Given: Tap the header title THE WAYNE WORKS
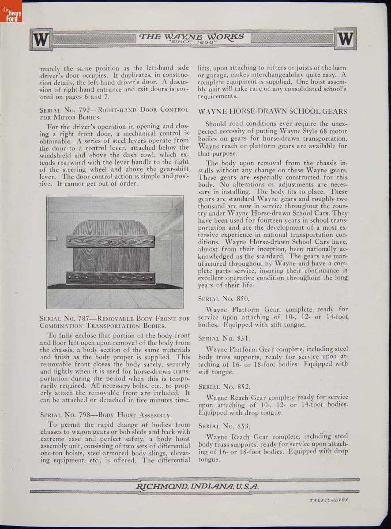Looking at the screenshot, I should [192, 36].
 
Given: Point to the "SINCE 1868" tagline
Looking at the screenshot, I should [192, 42].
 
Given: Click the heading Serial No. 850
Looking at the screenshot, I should [224, 299].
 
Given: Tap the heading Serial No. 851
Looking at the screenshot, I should [224, 339].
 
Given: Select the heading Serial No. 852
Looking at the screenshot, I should [224, 387].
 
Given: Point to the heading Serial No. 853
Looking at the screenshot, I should [224, 426].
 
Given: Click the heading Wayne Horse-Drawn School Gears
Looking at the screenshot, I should [272, 112].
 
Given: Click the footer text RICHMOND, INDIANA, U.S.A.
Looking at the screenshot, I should [197, 486].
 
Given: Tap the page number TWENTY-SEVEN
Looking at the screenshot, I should [328, 499].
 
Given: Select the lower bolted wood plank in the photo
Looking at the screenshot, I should [110, 278].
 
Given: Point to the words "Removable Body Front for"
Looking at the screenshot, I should [143, 318].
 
